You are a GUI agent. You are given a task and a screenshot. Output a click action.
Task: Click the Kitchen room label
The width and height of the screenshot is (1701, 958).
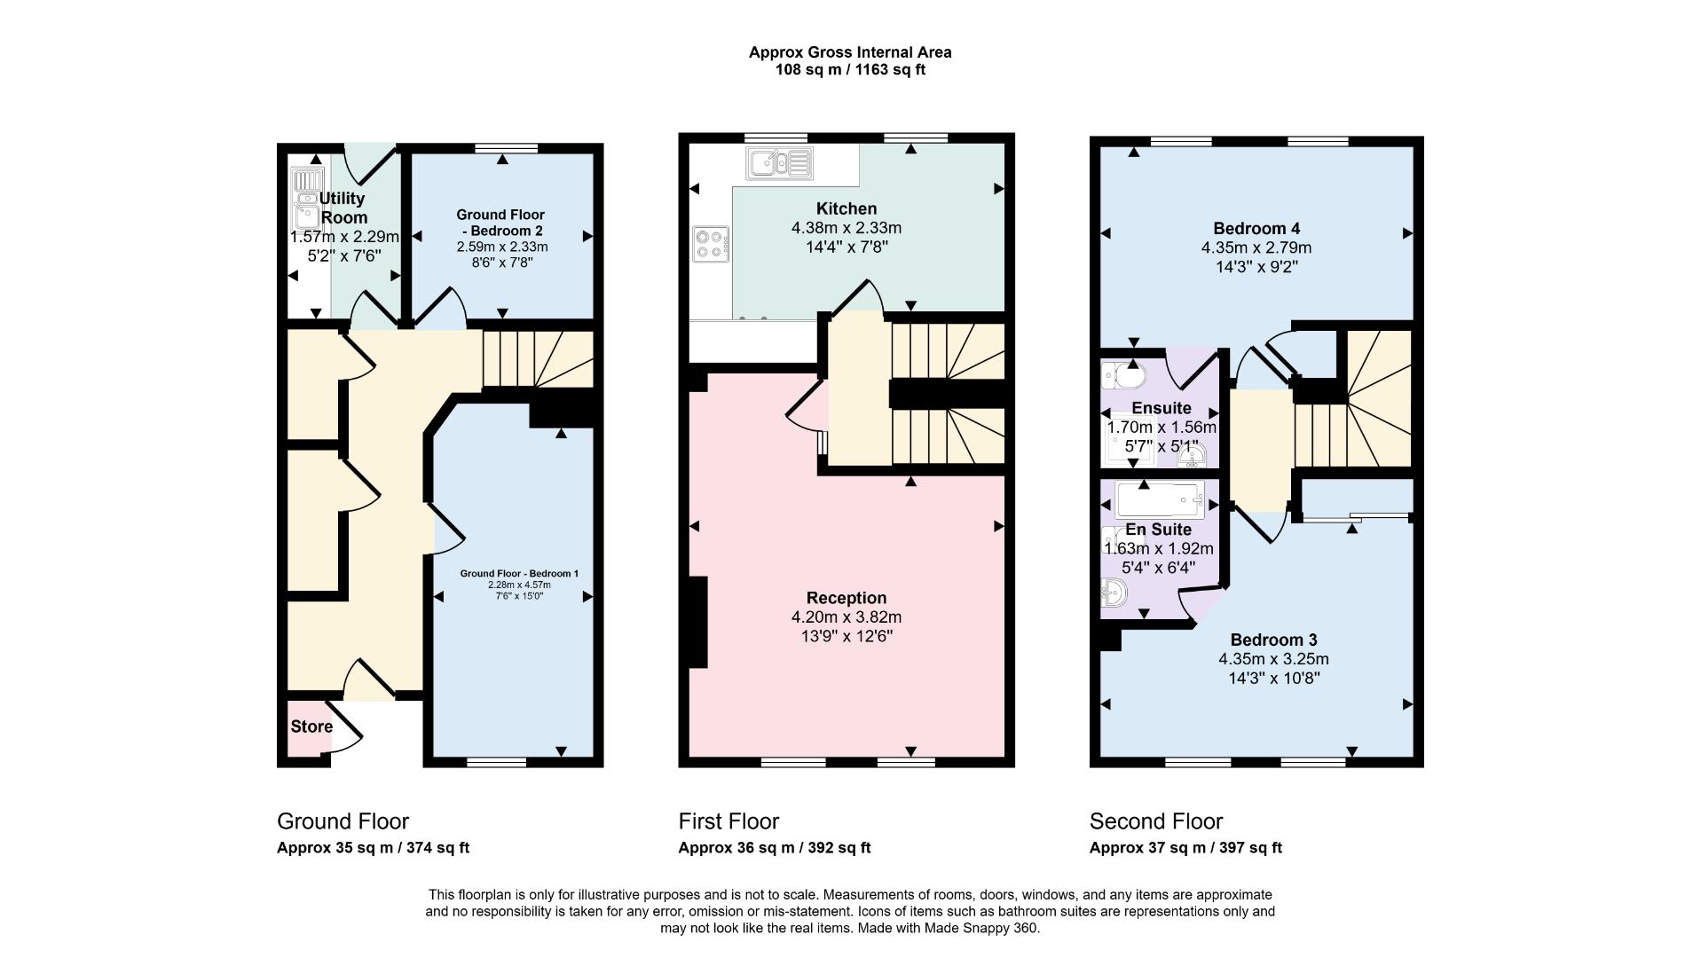pos(846,209)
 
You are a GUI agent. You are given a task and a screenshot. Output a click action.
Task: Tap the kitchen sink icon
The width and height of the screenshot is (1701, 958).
pos(779,163)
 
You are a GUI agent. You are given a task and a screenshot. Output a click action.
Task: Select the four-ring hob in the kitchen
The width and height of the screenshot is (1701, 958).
pos(711,244)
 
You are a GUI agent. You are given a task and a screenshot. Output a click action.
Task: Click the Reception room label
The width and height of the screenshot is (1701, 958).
pos(846,598)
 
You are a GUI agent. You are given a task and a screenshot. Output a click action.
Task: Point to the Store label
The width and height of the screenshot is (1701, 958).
pos(311,726)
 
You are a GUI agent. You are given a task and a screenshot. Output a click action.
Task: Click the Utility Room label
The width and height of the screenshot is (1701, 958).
pos(343,208)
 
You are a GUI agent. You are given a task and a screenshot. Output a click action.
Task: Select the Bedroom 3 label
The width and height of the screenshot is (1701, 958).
pos(1273,640)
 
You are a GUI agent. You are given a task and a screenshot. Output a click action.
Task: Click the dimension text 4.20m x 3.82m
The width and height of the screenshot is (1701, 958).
pos(846,617)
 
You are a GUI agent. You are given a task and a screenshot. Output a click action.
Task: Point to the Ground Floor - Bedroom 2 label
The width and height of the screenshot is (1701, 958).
pos(500,222)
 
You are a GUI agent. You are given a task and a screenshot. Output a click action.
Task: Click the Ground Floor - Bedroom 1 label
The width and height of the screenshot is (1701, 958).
pos(519,574)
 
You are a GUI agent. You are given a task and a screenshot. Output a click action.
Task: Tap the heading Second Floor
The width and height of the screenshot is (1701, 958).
pos(1155,821)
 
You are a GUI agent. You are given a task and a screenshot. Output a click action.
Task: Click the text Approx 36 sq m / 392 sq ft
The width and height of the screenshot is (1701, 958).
pos(774,847)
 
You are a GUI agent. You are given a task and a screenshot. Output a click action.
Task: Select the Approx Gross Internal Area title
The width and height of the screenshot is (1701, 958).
pos(849,52)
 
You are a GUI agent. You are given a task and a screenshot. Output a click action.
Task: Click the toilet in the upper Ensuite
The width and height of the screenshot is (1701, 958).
pos(1122,375)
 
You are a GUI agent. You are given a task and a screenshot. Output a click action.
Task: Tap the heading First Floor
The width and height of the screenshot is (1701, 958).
pos(728,821)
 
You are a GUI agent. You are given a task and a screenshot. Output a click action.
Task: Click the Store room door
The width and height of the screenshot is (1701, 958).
pos(346,723)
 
